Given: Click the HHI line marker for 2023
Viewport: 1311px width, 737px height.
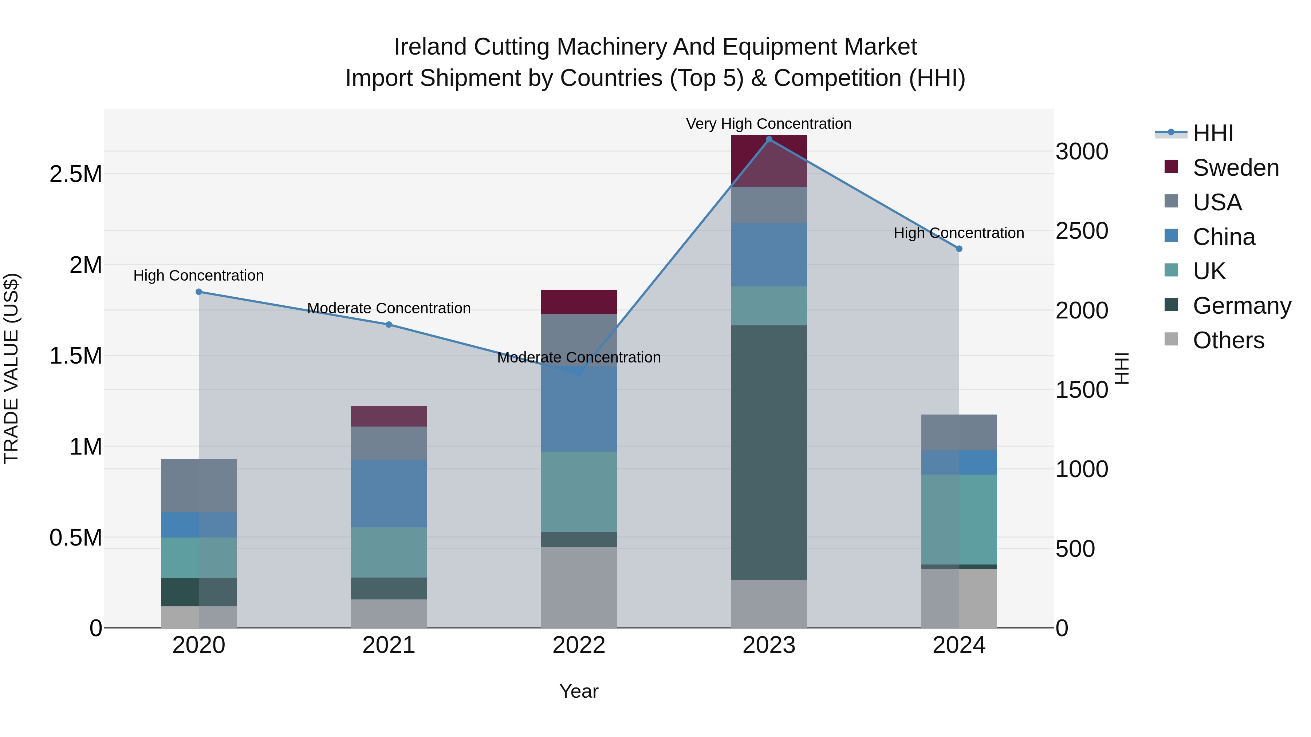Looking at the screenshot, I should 769,139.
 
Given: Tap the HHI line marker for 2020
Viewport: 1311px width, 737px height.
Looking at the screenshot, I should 199,292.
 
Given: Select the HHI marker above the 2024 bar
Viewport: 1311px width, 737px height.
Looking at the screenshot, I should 959,249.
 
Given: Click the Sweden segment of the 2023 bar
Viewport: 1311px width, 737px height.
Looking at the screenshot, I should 769,161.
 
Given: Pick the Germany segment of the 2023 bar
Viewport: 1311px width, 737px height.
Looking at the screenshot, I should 769,453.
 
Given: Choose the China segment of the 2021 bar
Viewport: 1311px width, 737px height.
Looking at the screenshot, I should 389,494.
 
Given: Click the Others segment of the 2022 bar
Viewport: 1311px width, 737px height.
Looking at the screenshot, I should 579,587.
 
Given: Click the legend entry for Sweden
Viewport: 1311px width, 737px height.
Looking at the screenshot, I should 1235,168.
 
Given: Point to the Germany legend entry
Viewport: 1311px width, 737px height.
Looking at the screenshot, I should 1241,306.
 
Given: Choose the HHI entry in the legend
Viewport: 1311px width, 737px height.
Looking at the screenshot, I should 1212,133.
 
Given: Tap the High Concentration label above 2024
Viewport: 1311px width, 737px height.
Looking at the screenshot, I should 959,233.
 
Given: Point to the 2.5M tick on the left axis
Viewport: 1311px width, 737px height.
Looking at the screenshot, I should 75,174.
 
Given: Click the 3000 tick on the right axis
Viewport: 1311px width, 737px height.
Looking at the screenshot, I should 1082,151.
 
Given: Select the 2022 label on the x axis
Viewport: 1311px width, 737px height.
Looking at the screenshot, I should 579,645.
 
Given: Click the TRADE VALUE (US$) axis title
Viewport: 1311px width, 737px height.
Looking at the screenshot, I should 11,368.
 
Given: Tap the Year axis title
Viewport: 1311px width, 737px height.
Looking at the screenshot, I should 579,691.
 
